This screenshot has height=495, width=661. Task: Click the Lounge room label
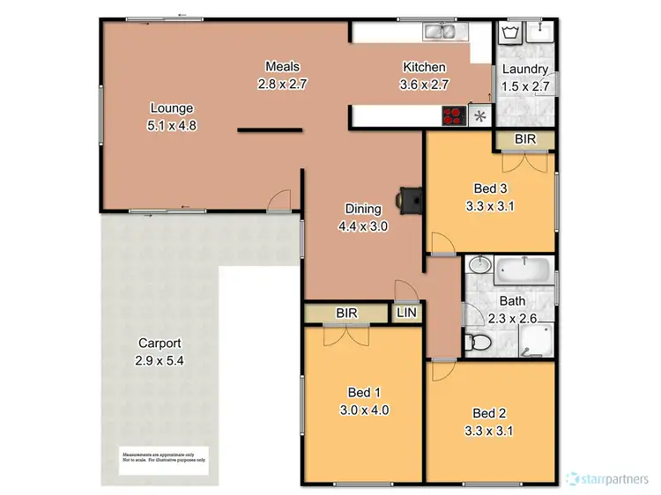point(171,116)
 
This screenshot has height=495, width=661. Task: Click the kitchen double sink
point(439,33)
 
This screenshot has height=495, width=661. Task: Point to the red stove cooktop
point(453,116)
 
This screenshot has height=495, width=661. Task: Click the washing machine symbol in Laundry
point(510,33)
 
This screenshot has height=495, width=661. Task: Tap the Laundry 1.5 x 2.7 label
point(525,77)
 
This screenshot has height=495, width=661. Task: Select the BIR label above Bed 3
point(525,139)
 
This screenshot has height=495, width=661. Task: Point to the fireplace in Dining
point(409,199)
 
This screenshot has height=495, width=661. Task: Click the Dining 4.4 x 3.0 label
point(362,217)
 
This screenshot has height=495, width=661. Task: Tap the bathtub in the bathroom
point(524,269)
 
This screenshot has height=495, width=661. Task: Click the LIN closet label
point(408,313)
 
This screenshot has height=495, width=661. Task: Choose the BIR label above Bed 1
point(345,313)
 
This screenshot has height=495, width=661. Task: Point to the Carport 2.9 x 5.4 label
point(160,352)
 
